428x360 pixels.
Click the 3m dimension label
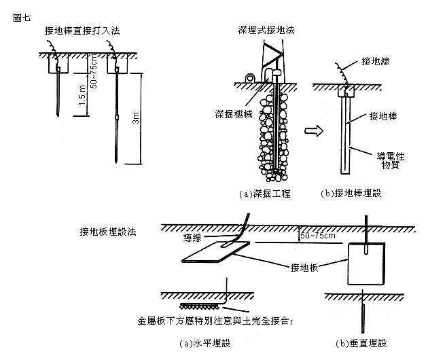[x=137, y=120]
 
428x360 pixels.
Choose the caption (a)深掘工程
[x=264, y=194]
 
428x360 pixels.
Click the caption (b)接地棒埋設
[x=351, y=194]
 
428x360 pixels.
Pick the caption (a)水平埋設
[x=203, y=343]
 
